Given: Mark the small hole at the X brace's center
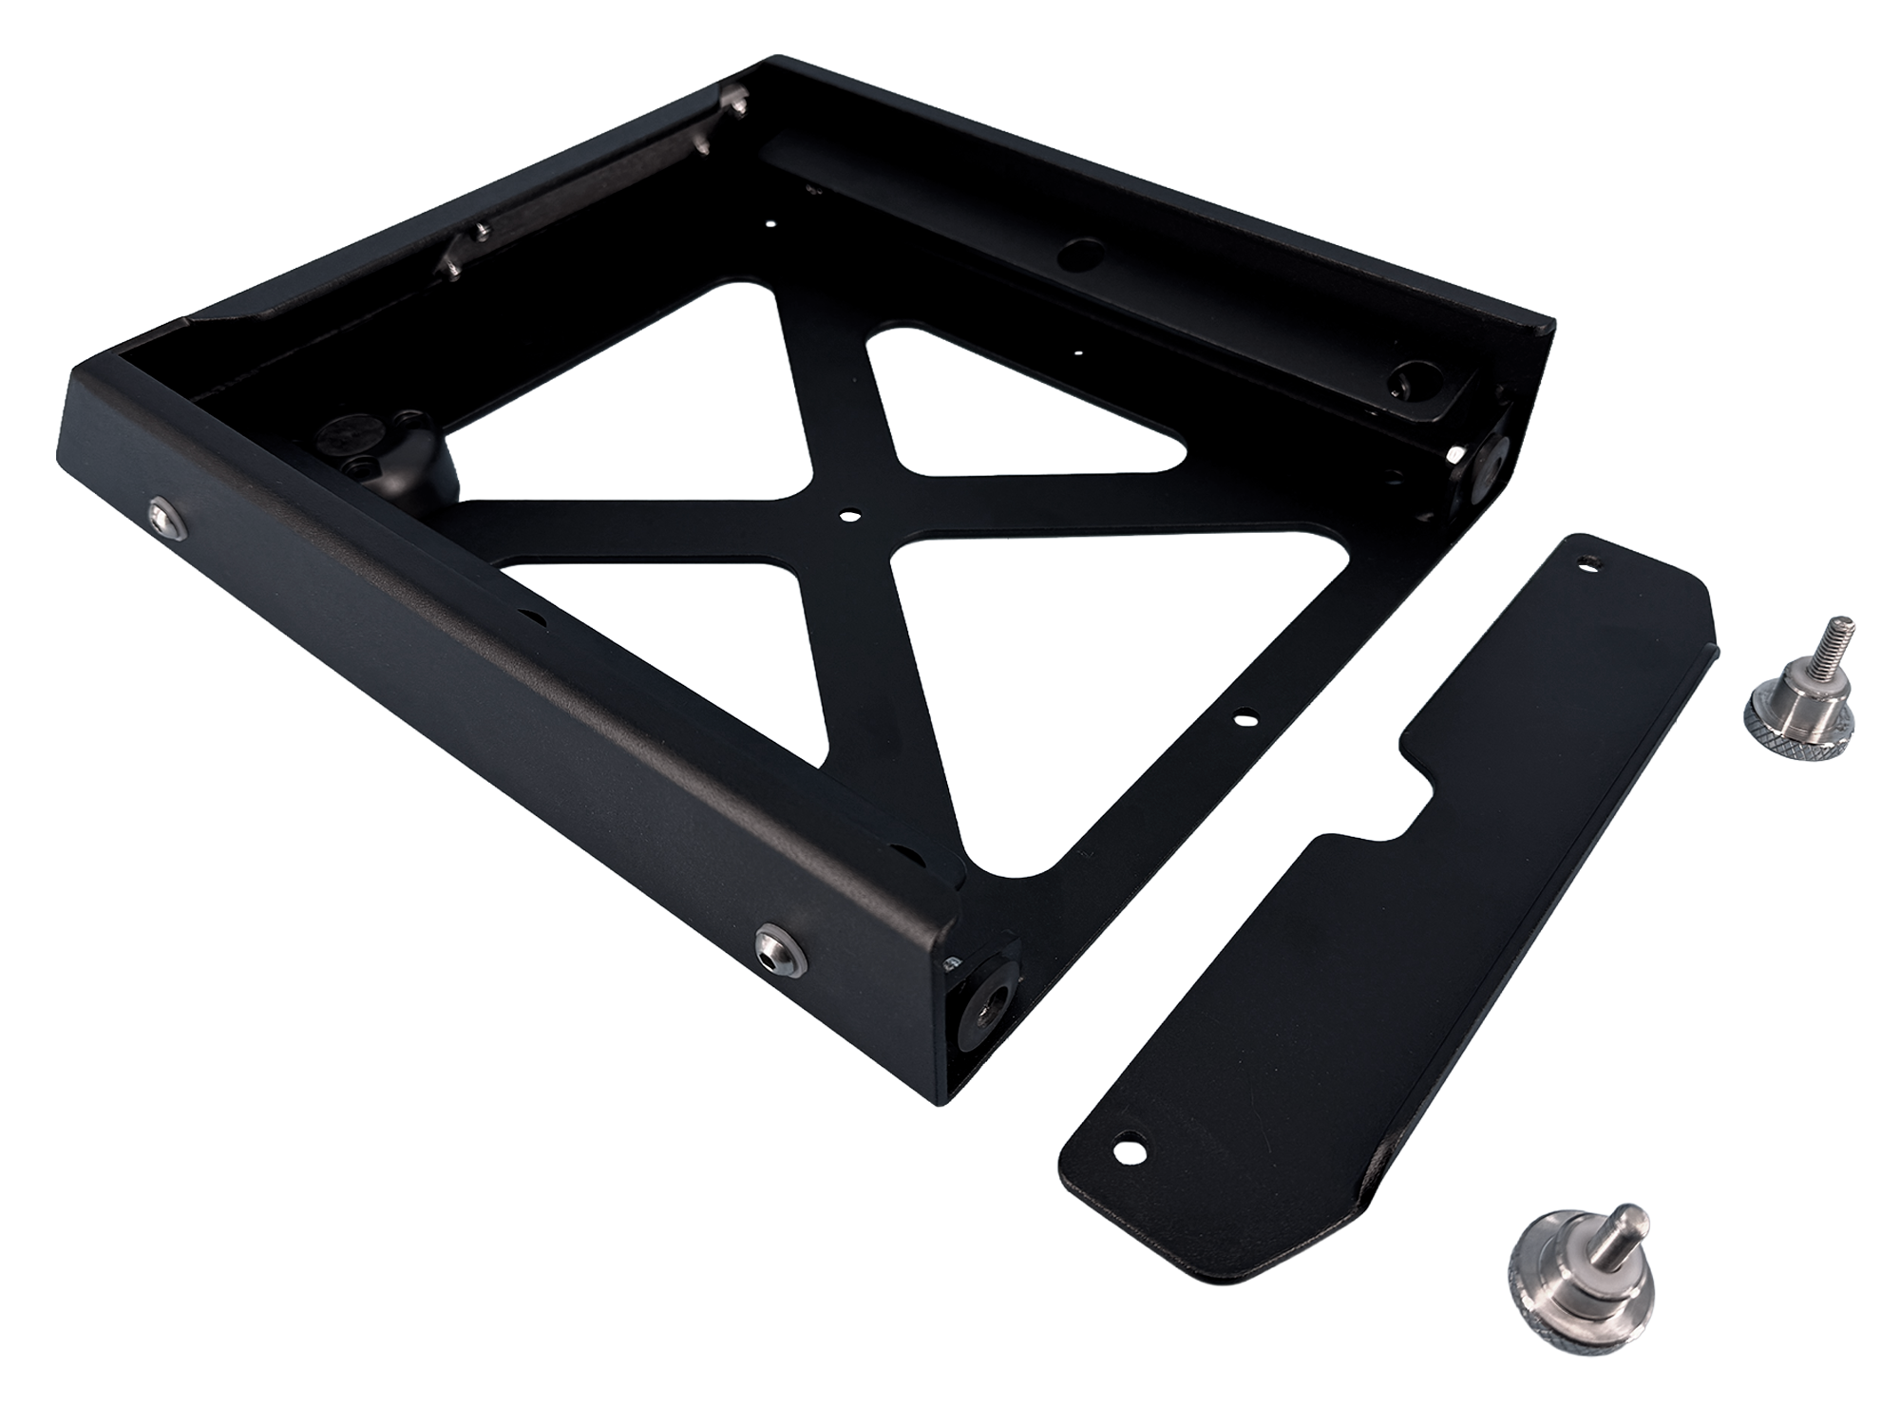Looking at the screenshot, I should [x=845, y=516].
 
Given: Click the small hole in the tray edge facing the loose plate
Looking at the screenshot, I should [x=1242, y=719].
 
